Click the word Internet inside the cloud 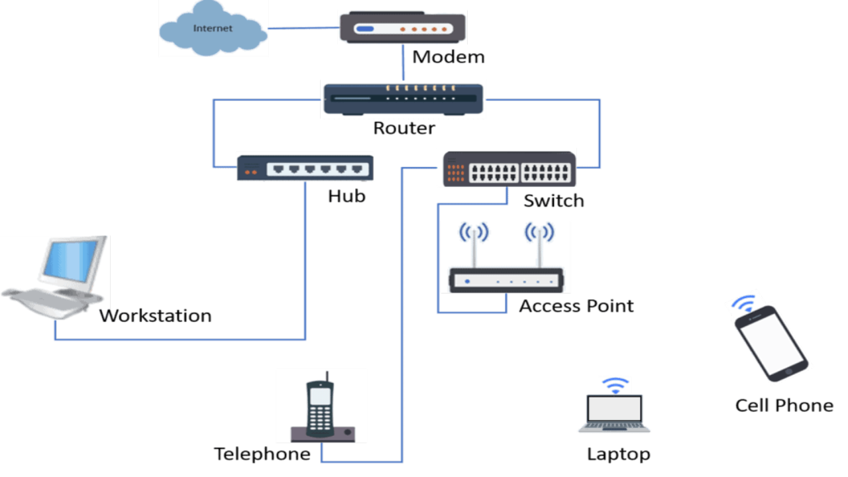click(213, 28)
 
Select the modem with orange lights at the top click(402, 28)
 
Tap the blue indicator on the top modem click(364, 29)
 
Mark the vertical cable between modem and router click(403, 62)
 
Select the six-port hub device click(305, 168)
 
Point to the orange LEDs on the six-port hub click(251, 172)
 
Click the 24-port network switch click(507, 168)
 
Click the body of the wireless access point click(506, 280)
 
